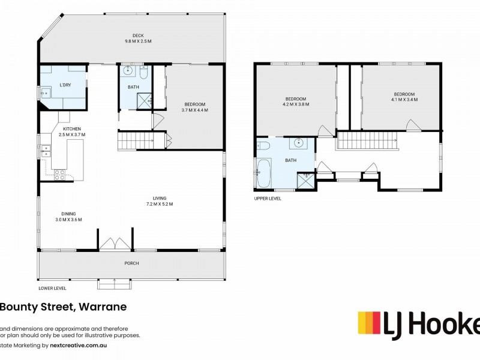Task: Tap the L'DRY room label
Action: (x=65, y=85)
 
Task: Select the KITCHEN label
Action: (x=72, y=129)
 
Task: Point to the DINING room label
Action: (x=68, y=213)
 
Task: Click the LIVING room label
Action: (x=159, y=198)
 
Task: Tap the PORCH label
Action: (x=131, y=263)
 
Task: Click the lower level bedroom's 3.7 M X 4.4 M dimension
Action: (x=194, y=110)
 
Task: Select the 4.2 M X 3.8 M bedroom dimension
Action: (x=295, y=104)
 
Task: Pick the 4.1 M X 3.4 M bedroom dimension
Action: (x=404, y=100)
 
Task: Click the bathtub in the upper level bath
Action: (x=264, y=173)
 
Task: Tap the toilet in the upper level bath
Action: (x=263, y=145)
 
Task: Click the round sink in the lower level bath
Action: (x=128, y=71)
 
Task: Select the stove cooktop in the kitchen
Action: (x=60, y=175)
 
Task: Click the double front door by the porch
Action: (x=115, y=244)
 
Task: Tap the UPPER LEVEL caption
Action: (x=268, y=197)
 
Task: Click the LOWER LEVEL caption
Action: (x=52, y=288)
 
